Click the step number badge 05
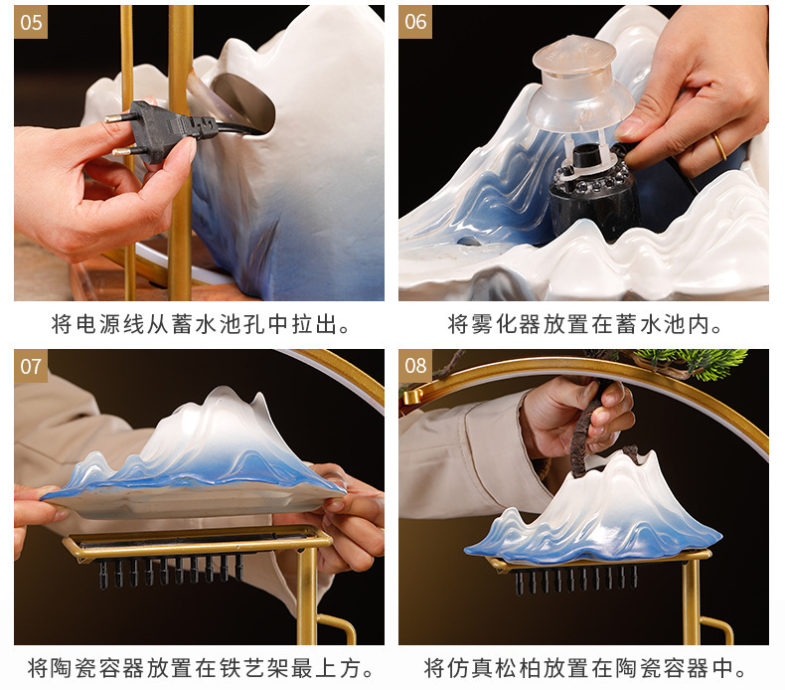(x=31, y=22)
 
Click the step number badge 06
(x=415, y=22)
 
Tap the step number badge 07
(x=31, y=366)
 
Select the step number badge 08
(x=415, y=366)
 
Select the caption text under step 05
(x=200, y=324)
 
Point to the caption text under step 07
(x=200, y=667)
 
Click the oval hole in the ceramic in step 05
(x=238, y=99)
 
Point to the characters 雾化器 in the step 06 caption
(x=510, y=324)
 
